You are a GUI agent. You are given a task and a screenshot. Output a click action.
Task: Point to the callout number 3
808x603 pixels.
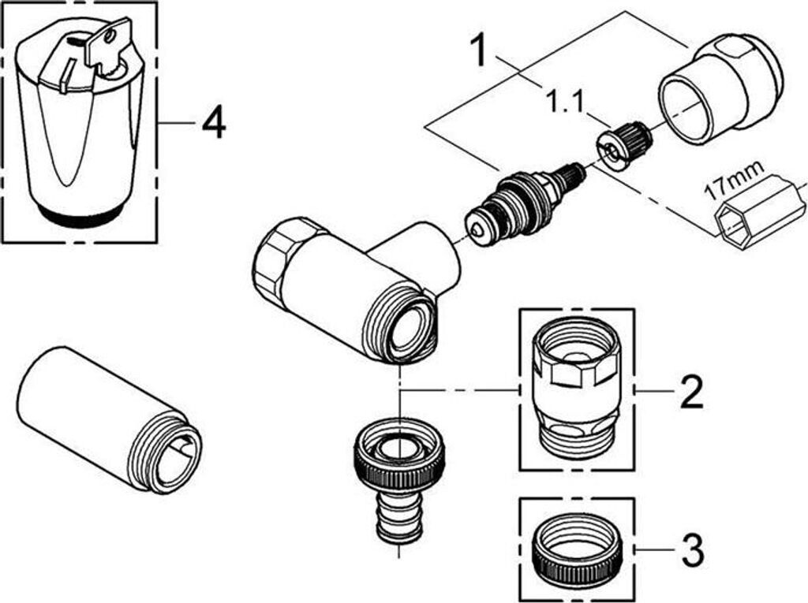[x=692, y=550]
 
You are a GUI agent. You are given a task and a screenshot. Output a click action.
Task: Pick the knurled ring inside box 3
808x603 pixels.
[x=576, y=551]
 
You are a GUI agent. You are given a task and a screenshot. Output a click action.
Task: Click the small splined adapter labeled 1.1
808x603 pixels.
[x=625, y=145]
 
